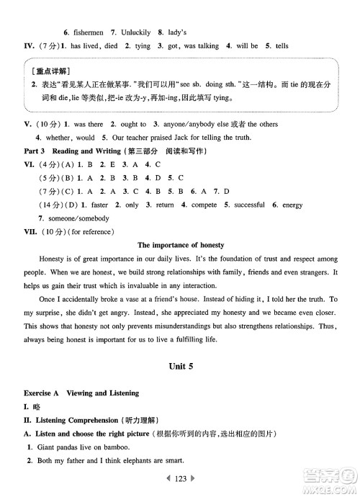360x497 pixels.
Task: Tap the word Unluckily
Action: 135,32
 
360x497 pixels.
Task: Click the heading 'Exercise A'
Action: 42,393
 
